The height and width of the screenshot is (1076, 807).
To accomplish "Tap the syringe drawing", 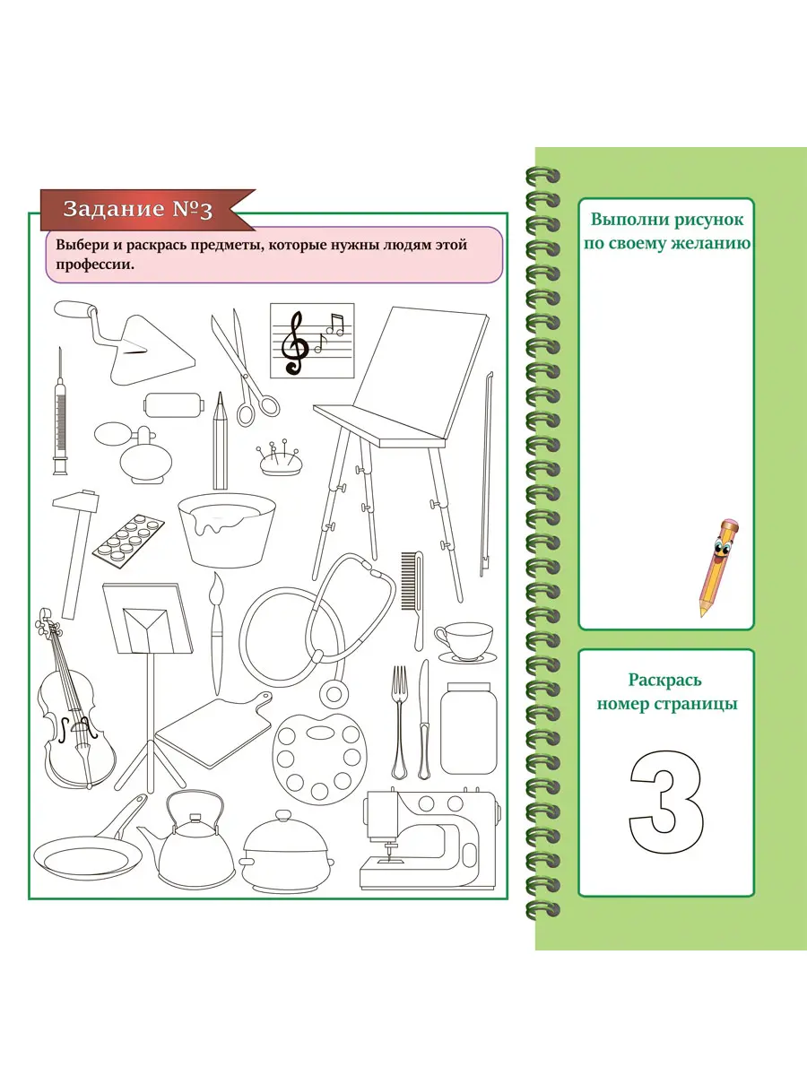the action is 60,412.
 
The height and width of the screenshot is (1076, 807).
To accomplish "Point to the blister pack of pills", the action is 129,540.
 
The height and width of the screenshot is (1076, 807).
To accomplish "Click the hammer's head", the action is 76,500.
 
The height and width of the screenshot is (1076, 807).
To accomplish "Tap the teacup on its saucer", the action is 465,643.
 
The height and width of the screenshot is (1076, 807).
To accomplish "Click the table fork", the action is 400,722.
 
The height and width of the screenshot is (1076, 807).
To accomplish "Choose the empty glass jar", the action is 468,728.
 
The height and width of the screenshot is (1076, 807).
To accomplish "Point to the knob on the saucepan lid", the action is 283,815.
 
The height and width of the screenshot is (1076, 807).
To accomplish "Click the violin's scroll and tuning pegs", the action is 47,621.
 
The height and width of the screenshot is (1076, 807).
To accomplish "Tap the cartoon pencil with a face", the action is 718,567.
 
